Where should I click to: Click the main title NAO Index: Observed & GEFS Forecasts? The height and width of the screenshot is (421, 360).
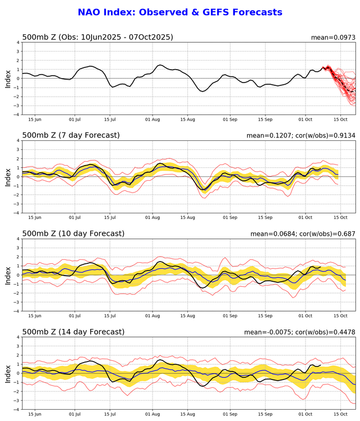179,12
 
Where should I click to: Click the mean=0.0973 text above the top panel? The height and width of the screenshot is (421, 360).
333,38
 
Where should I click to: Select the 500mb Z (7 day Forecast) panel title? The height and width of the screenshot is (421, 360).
71,135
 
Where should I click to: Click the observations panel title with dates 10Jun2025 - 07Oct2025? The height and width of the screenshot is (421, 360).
98,37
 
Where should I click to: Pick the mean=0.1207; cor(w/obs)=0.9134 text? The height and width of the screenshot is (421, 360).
301,136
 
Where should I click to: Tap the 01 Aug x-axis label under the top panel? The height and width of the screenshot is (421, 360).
152,120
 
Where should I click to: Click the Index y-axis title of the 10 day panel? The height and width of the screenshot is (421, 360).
7,274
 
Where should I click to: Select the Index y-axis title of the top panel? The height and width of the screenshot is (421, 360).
7,78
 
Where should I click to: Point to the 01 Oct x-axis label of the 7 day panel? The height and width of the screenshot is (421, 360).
306,218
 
